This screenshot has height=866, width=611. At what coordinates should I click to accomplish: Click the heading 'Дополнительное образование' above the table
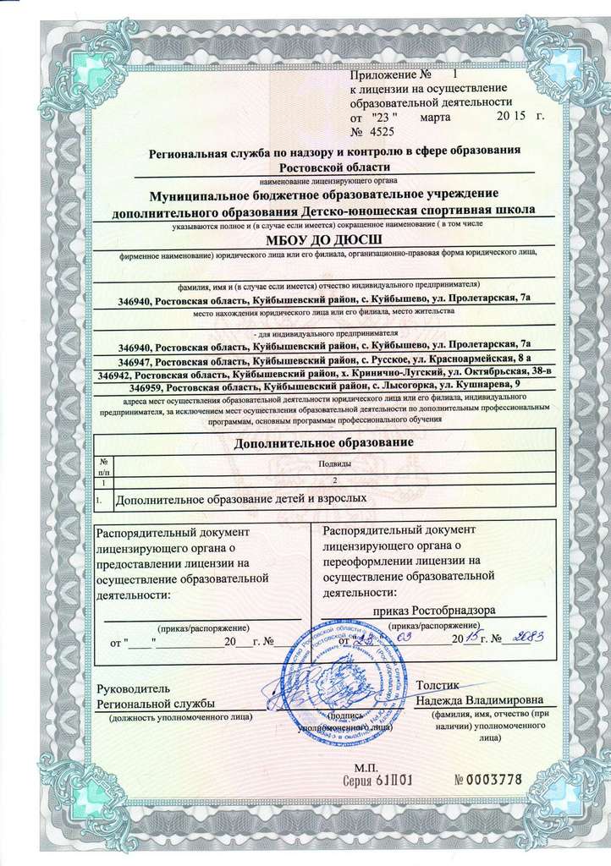[323, 443]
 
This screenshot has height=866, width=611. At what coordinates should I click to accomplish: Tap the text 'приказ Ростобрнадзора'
[434, 610]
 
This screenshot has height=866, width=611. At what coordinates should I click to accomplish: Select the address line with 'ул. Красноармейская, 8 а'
[325, 359]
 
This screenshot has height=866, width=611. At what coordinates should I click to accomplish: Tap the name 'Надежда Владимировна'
[480, 700]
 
